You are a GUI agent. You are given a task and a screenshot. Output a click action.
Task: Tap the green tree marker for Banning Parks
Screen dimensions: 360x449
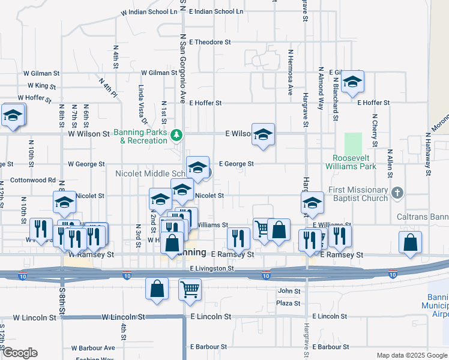click(176, 133)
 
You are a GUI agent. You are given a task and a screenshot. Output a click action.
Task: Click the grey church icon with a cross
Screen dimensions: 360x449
click(396, 193)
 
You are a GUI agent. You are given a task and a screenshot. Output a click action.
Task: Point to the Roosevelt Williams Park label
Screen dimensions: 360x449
click(354, 163)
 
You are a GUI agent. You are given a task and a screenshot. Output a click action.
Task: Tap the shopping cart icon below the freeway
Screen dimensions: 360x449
click(190, 290)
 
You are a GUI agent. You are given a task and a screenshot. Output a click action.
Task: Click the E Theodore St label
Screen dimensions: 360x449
click(209, 42)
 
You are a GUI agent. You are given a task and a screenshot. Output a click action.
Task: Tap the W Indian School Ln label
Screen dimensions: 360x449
click(148, 12)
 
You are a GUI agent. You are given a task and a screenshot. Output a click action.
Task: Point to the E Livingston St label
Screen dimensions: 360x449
click(212, 269)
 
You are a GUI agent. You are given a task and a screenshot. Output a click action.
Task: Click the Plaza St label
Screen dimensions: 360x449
click(288, 303)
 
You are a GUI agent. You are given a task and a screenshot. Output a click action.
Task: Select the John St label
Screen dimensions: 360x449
click(288, 291)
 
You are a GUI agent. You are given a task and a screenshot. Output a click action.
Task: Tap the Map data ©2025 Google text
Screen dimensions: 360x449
click(411, 356)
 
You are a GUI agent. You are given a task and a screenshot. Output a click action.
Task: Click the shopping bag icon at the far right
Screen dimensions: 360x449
click(411, 242)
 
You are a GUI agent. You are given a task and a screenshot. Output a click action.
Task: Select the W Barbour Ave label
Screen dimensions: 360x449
click(92, 348)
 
